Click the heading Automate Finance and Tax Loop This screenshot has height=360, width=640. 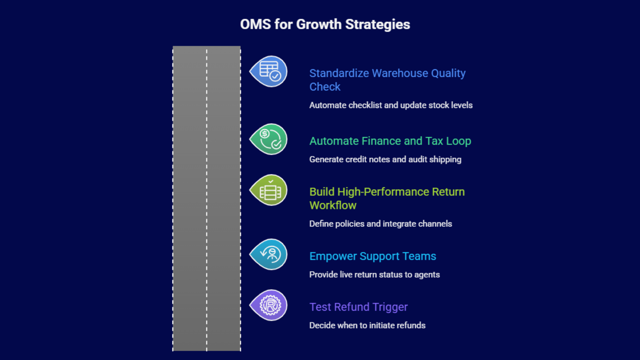click(x=390, y=141)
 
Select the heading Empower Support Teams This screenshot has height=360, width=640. click(x=372, y=256)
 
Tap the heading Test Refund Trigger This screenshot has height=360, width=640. click(x=358, y=307)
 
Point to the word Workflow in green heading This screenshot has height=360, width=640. click(x=333, y=206)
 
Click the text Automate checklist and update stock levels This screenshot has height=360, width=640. click(x=391, y=105)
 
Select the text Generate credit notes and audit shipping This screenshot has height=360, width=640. click(x=385, y=160)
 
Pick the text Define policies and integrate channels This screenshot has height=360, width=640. click(x=380, y=224)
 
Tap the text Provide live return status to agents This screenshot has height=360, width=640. click(x=374, y=275)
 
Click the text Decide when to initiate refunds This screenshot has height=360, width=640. click(x=367, y=326)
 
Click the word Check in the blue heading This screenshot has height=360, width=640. click(x=325, y=87)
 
